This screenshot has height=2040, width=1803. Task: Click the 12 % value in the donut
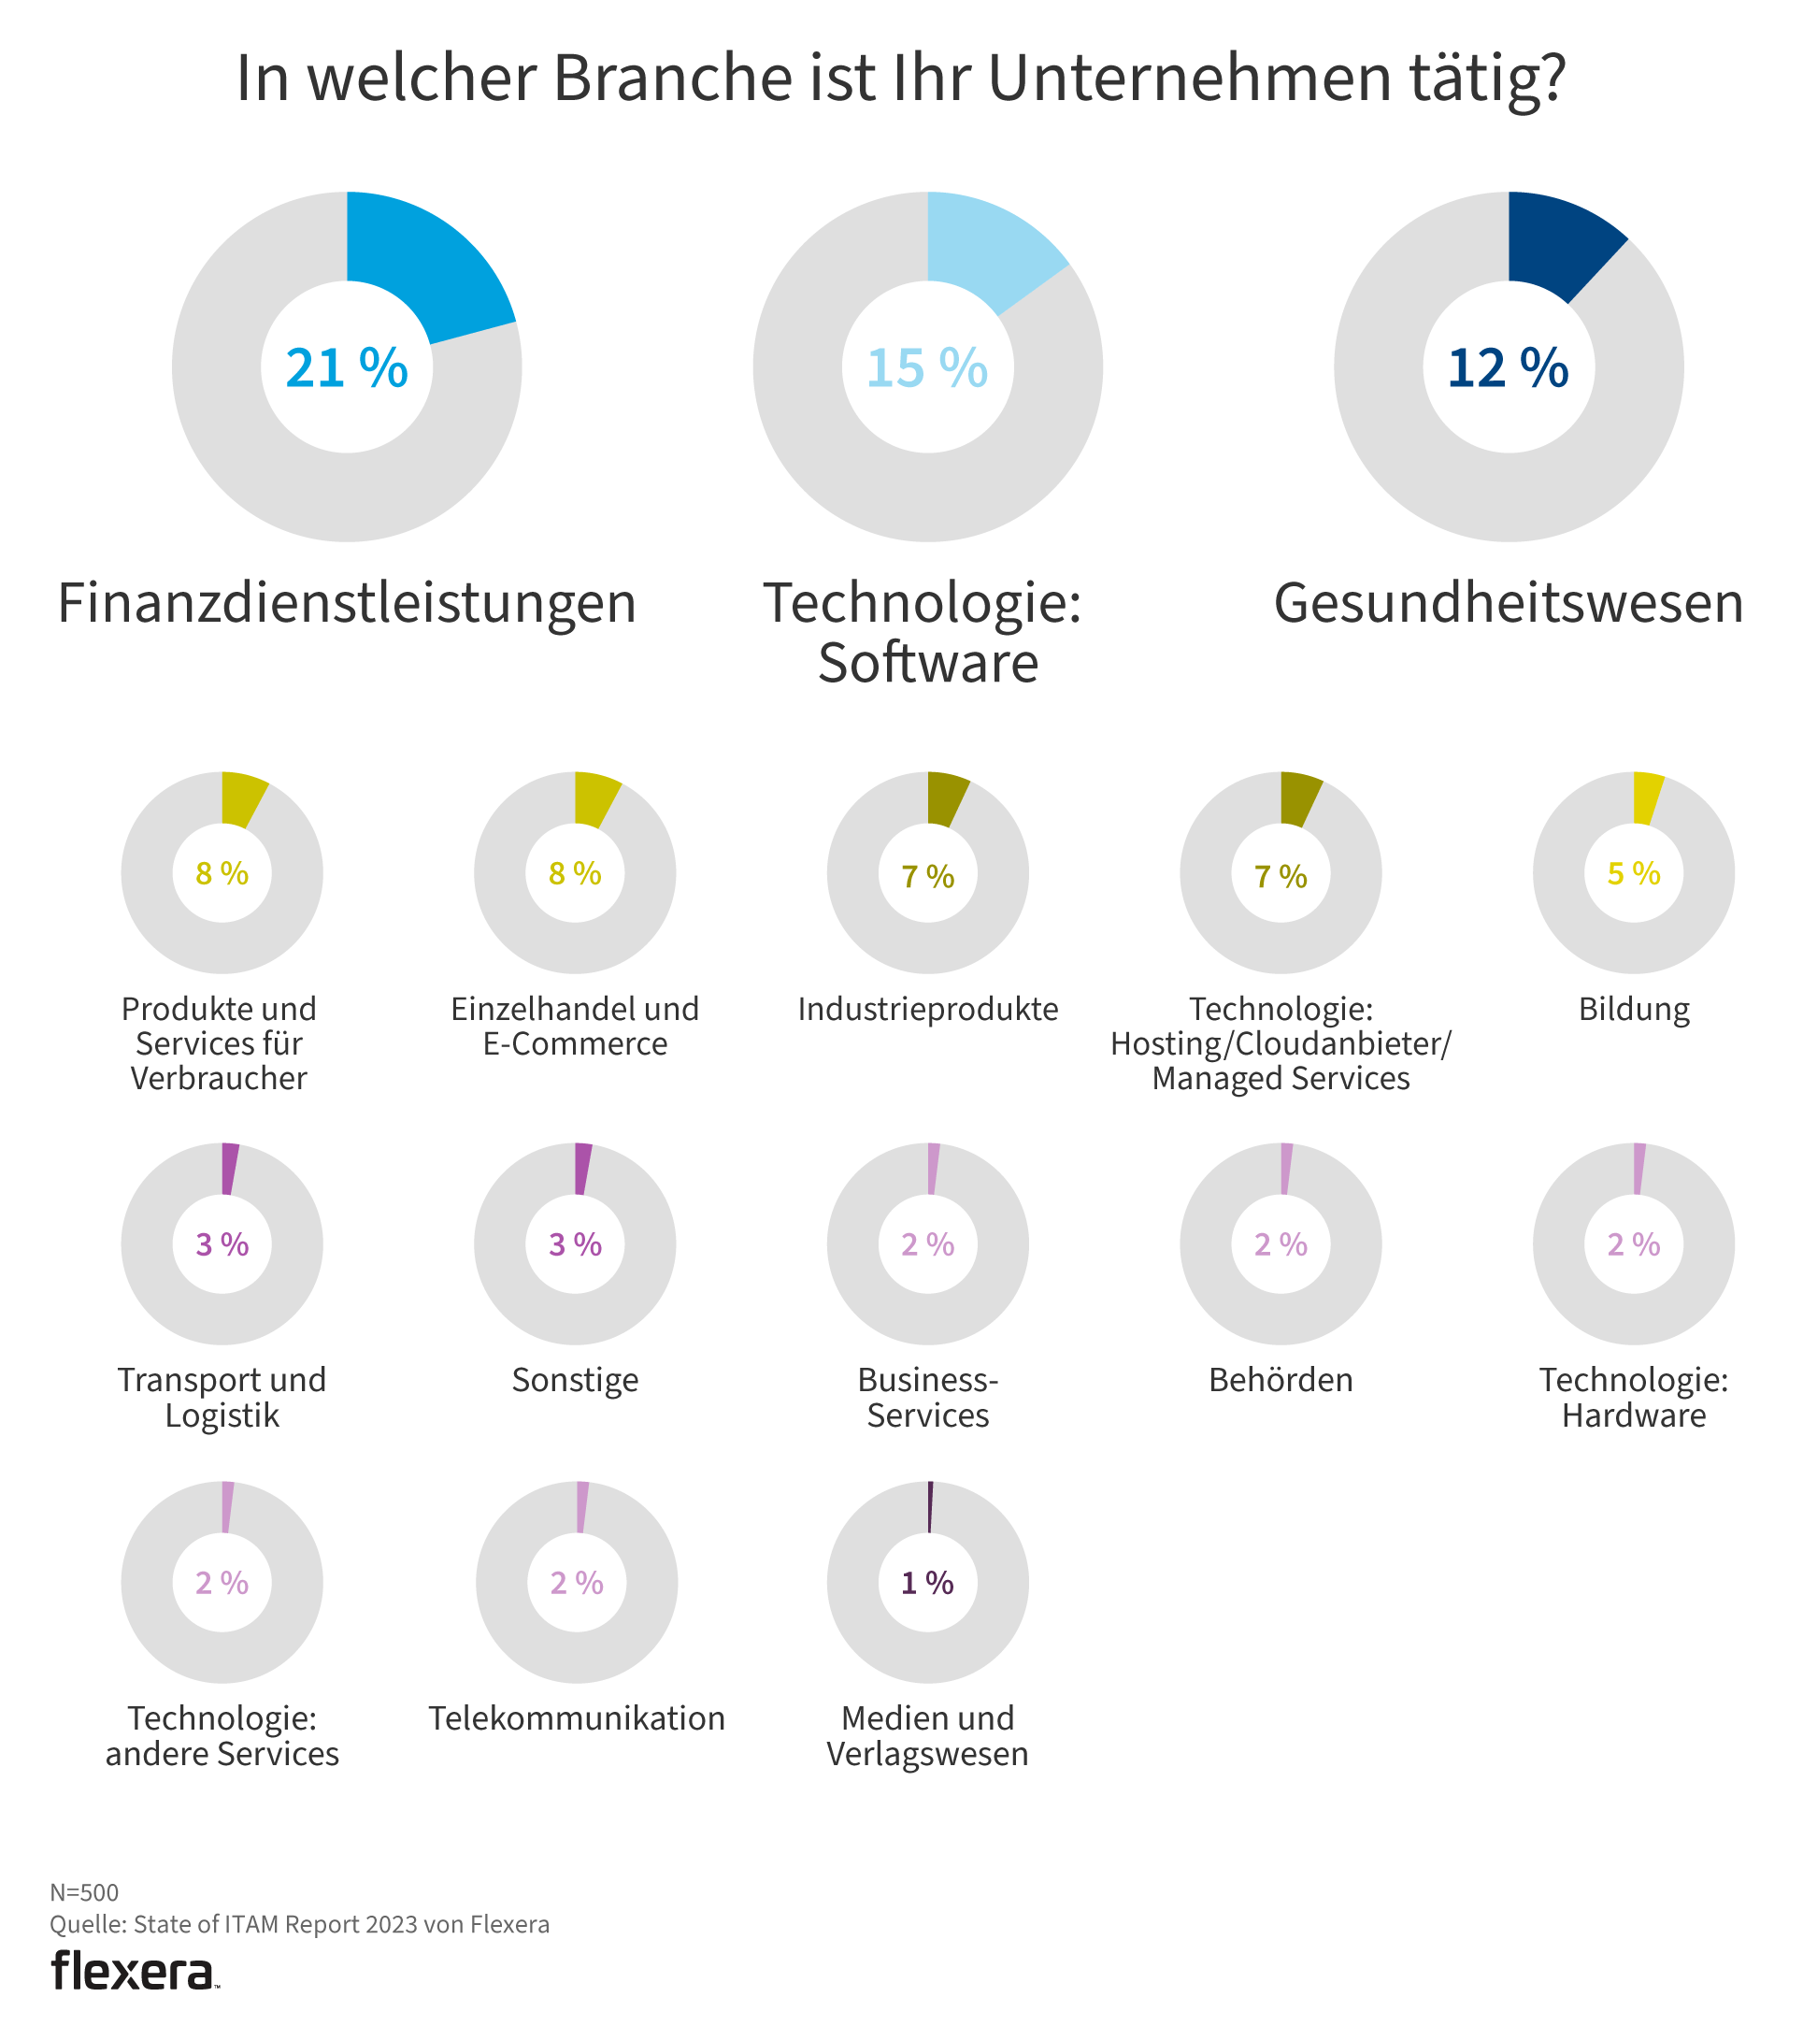pos(1508,367)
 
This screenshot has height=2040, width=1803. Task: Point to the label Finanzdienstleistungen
pos(346,604)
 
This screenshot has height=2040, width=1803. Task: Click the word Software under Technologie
pos(928,663)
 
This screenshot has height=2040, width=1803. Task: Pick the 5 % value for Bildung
pos(1634,874)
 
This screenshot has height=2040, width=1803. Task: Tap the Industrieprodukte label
pos(928,1009)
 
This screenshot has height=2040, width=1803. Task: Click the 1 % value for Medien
pos(928,1583)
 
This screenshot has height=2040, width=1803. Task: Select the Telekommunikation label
pos(577,1718)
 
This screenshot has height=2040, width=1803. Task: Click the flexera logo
pos(134,1971)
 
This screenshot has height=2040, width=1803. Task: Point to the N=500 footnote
pos(85,1892)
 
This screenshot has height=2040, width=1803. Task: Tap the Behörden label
pos(1281,1380)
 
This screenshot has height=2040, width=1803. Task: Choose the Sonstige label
pos(575,1380)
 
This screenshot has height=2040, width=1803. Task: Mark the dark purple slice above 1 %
pos(930,1506)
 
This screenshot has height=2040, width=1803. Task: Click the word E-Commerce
pos(575,1044)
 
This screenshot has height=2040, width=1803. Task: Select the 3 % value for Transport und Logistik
pos(222,1244)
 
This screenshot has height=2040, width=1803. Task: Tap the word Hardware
pos(1634,1415)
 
